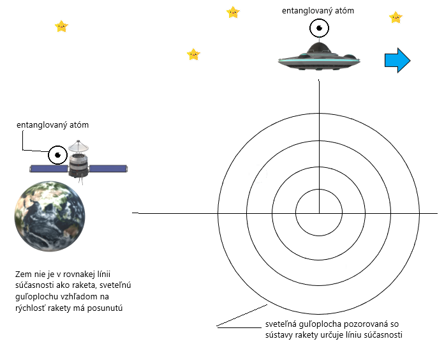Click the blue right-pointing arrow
(397, 60)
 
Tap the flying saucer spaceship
(320, 58)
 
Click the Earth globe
(50, 216)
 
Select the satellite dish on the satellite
(78, 147)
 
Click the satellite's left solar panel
(48, 169)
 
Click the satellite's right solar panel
(110, 169)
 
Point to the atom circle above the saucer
(319, 28)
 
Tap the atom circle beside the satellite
(57, 155)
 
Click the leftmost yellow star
(61, 26)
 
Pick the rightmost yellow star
(396, 17)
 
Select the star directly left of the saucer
(193, 54)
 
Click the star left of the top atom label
(233, 12)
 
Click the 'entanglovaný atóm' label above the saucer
(318, 11)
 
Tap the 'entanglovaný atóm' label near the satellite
(52, 125)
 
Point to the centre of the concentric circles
(319, 213)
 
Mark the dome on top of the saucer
(319, 47)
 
